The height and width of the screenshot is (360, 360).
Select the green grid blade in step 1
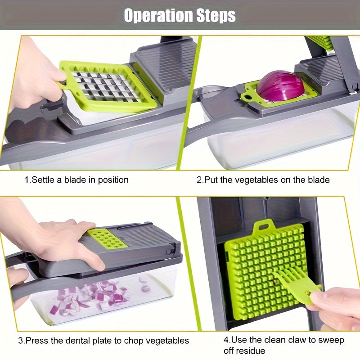click(x=108, y=86)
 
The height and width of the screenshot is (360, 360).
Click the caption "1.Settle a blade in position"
click(x=76, y=180)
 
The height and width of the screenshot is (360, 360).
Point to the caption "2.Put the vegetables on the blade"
click(x=263, y=180)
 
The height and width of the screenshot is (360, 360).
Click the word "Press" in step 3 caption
click(x=36, y=341)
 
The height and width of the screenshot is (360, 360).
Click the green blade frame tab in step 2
click(x=247, y=95)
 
